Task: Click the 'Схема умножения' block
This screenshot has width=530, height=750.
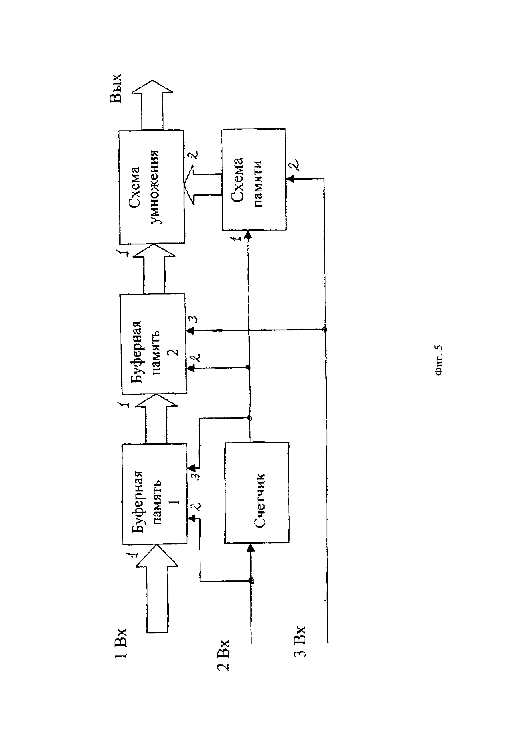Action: coord(152,187)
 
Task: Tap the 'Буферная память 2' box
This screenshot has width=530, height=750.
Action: coord(153,344)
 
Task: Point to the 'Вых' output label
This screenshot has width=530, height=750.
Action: coord(116,88)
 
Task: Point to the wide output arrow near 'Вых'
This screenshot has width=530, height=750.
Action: coord(152,105)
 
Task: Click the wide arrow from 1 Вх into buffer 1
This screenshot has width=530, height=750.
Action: coord(157,591)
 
